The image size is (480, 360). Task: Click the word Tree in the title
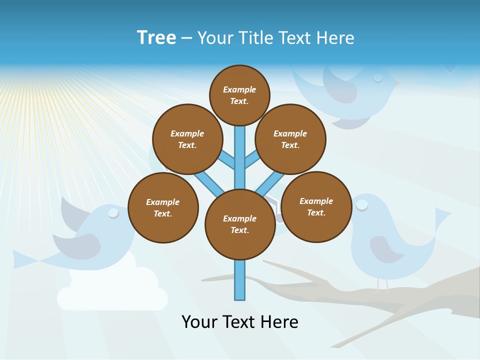pos(156,37)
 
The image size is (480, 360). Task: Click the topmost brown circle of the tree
pos(239,95)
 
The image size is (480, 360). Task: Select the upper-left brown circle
pos(187,139)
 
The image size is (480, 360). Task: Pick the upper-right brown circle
pos(290,139)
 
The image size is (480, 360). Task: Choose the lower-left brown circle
pos(163,207)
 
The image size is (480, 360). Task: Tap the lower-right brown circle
pos(316,206)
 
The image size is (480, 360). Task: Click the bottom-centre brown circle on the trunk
pos(240,224)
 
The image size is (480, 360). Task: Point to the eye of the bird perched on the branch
pos(361,204)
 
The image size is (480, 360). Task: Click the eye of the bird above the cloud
pos(113,213)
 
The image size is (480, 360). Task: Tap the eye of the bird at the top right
pos(378,77)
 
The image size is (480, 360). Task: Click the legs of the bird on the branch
pos(382,285)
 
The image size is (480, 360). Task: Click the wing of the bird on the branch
pos(385,247)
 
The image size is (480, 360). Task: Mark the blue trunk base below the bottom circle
pos(240,280)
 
